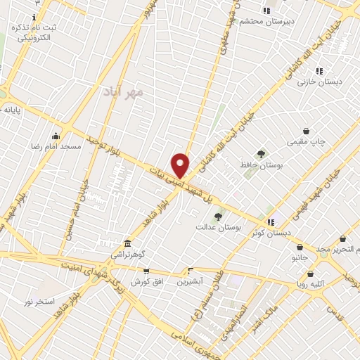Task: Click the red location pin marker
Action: pos(181,165)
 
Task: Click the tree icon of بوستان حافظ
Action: pos(261,154)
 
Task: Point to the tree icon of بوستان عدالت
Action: pos(218,217)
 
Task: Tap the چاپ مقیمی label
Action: pos(306,142)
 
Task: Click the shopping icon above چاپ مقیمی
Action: pos(306,131)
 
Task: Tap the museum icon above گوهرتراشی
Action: pos(127,240)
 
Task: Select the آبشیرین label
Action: pos(190,281)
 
